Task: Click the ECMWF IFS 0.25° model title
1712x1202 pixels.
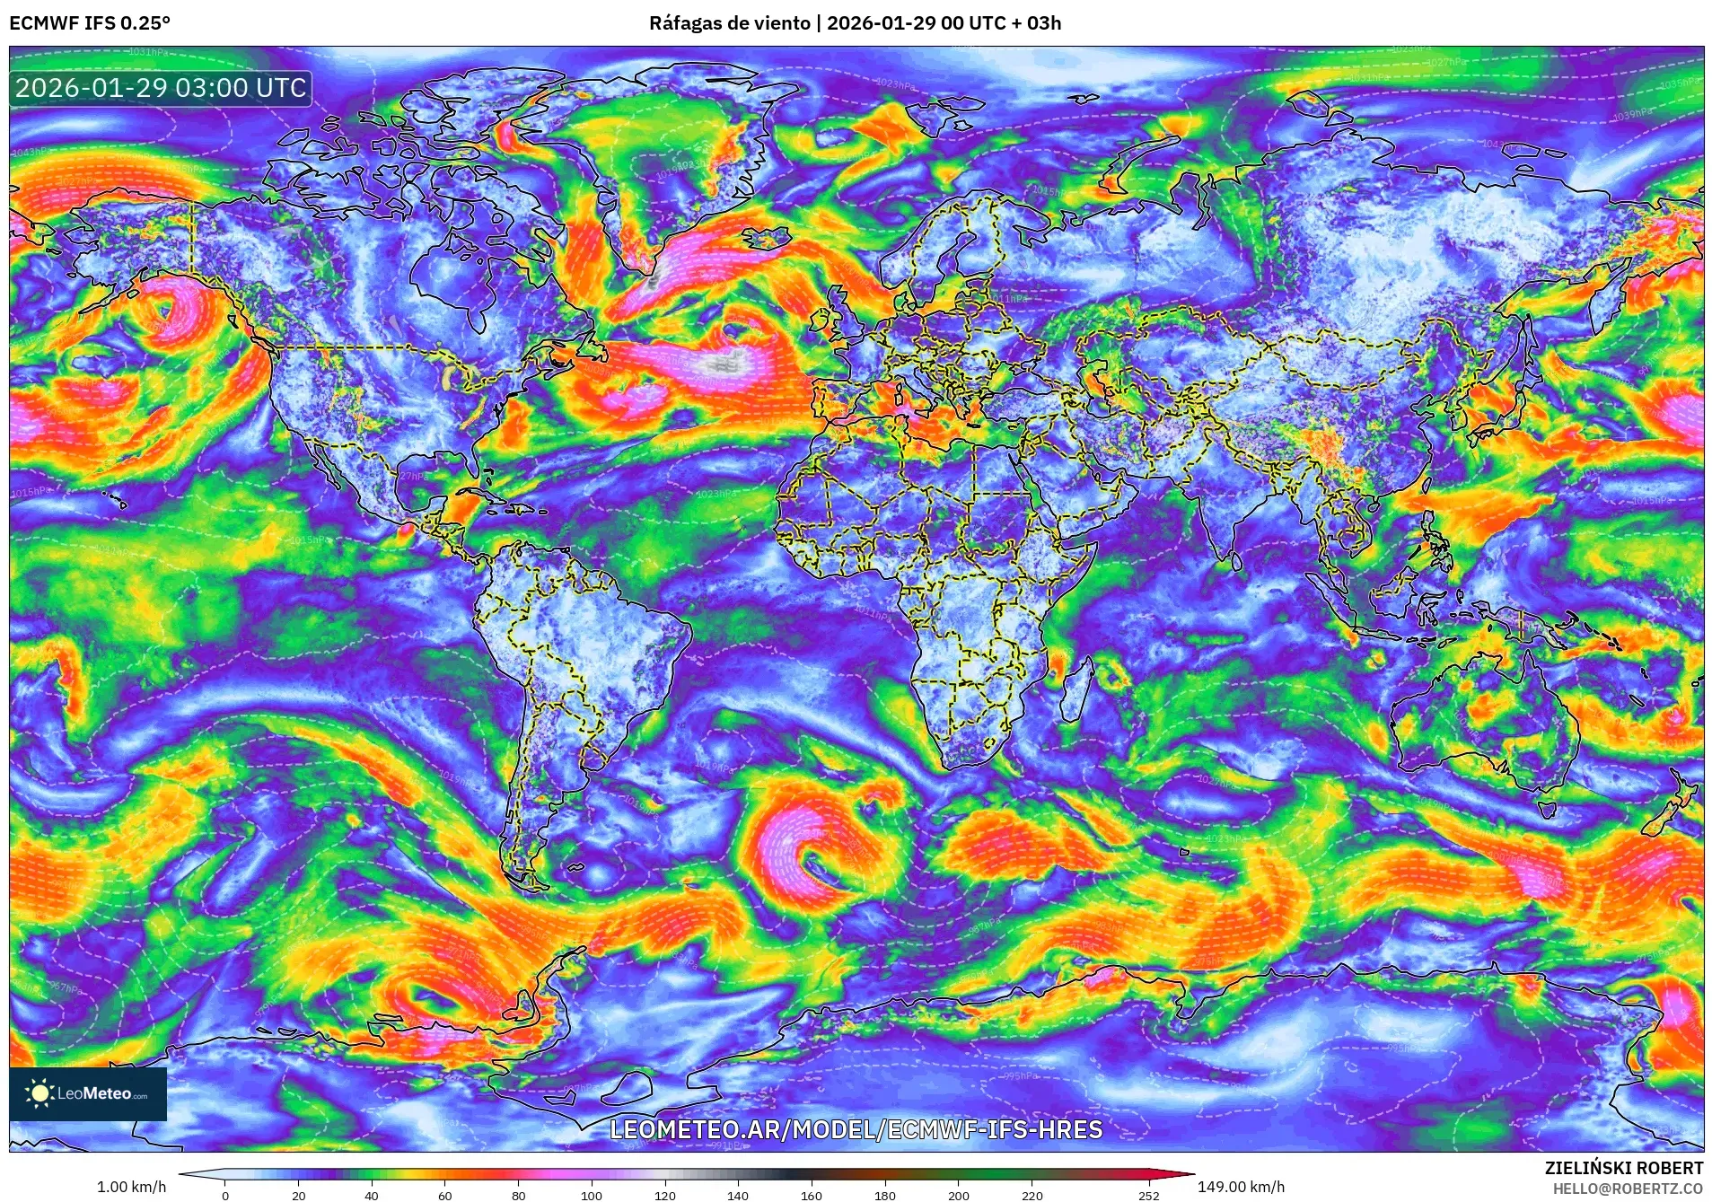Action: coord(89,22)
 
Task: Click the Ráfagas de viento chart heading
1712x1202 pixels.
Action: coord(855,22)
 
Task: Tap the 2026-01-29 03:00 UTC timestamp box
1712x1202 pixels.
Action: coord(161,88)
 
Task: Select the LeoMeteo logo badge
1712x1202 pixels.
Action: coord(88,1093)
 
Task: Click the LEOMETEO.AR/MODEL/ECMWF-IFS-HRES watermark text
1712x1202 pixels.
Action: coord(856,1129)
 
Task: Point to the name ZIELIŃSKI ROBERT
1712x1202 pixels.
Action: coord(1623,1168)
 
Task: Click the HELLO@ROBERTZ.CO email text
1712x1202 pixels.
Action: coord(1628,1189)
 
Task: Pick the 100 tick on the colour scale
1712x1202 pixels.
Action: coord(591,1196)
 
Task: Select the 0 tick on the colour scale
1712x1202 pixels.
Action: coord(225,1196)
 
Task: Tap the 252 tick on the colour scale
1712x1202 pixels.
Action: coord(1149,1196)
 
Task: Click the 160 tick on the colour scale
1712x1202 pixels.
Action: coord(811,1196)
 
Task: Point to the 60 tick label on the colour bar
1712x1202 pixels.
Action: coord(444,1196)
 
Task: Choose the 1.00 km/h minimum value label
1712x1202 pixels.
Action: coord(131,1187)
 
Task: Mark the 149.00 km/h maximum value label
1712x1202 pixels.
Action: coord(1241,1187)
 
